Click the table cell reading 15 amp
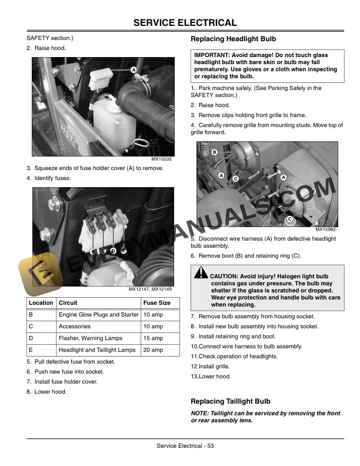(153, 338)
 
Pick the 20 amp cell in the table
(153, 350)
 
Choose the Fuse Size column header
(157, 303)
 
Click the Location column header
(41, 303)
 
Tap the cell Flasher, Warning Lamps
(91, 338)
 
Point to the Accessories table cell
(75, 327)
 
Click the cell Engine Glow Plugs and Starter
(98, 315)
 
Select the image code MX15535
(162, 159)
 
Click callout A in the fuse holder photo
(134, 70)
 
